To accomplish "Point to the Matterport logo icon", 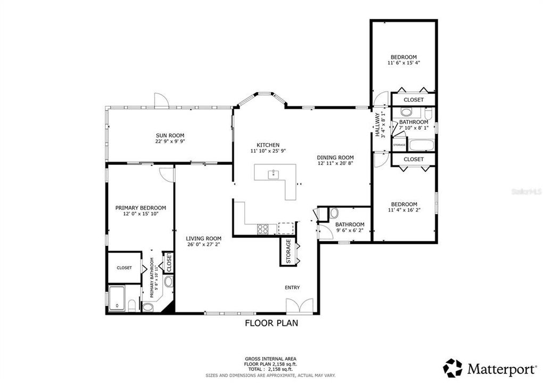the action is click(x=453, y=368).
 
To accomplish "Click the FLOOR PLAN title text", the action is click(x=271, y=323).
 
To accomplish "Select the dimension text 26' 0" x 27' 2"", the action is click(x=203, y=245).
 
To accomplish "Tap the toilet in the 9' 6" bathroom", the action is click(x=334, y=213).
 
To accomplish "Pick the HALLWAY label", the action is click(x=377, y=125).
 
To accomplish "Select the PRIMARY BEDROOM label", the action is click(x=141, y=208).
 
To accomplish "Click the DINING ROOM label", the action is click(x=335, y=157).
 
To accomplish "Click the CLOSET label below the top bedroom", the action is click(x=414, y=100).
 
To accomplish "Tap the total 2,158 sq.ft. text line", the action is click(x=271, y=369).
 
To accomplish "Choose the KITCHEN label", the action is click(x=268, y=145).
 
